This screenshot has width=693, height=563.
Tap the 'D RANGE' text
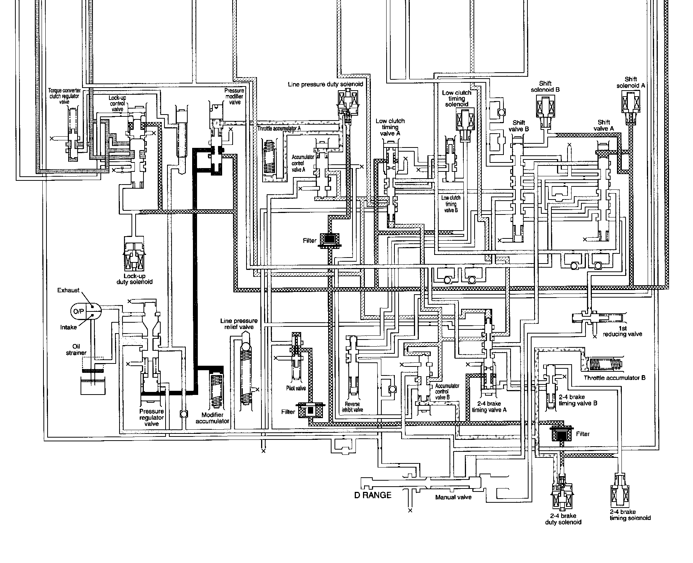click(373, 495)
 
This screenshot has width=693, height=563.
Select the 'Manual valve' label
click(453, 497)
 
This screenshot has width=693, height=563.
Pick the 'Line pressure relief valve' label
click(239, 324)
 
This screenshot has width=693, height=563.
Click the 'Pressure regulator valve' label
click(151, 417)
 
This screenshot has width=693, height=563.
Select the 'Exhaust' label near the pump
click(68, 290)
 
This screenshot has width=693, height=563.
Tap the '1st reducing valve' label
click(622, 331)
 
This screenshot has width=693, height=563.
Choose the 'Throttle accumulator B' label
click(614, 378)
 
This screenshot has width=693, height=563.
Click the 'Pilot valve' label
click(296, 388)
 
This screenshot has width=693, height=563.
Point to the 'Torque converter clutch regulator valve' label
click(64, 96)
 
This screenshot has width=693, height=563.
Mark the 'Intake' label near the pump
click(69, 327)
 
